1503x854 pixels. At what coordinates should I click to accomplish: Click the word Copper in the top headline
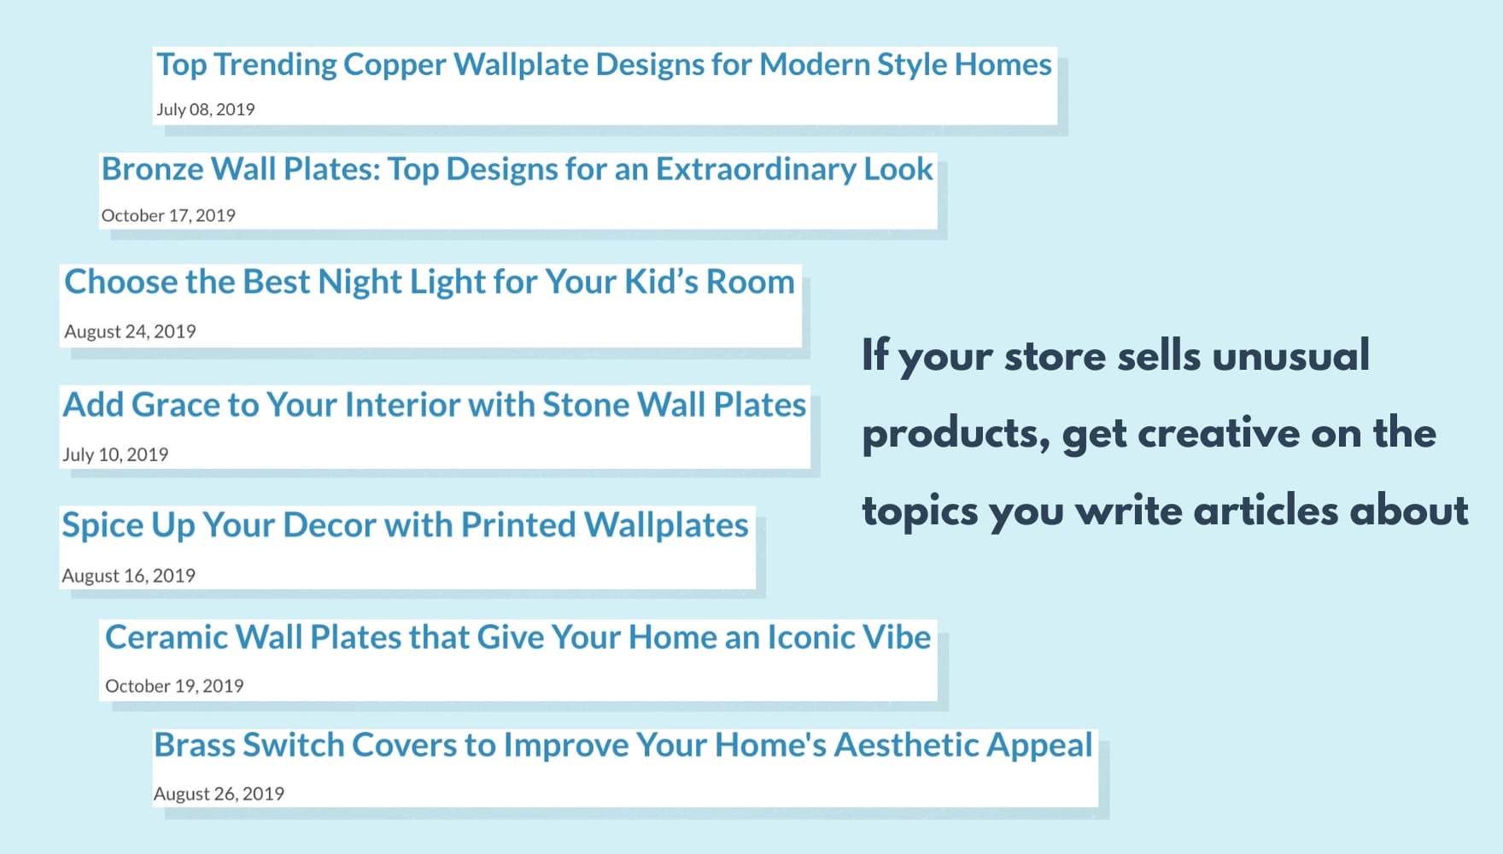point(395,66)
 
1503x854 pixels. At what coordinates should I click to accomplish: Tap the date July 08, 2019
point(205,109)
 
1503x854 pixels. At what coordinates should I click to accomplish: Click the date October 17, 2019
point(168,215)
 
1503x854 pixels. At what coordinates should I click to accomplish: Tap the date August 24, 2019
point(130,331)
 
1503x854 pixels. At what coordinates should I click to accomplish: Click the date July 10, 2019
point(115,454)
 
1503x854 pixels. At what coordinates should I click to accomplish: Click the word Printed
point(518,525)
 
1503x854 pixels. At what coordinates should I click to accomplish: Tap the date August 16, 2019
point(128,576)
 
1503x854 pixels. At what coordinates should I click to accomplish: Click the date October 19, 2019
point(174,686)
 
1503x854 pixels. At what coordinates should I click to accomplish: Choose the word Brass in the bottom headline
point(194,745)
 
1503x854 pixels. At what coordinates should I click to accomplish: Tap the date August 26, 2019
point(219,793)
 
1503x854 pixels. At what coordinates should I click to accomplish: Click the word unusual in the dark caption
point(1290,355)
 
